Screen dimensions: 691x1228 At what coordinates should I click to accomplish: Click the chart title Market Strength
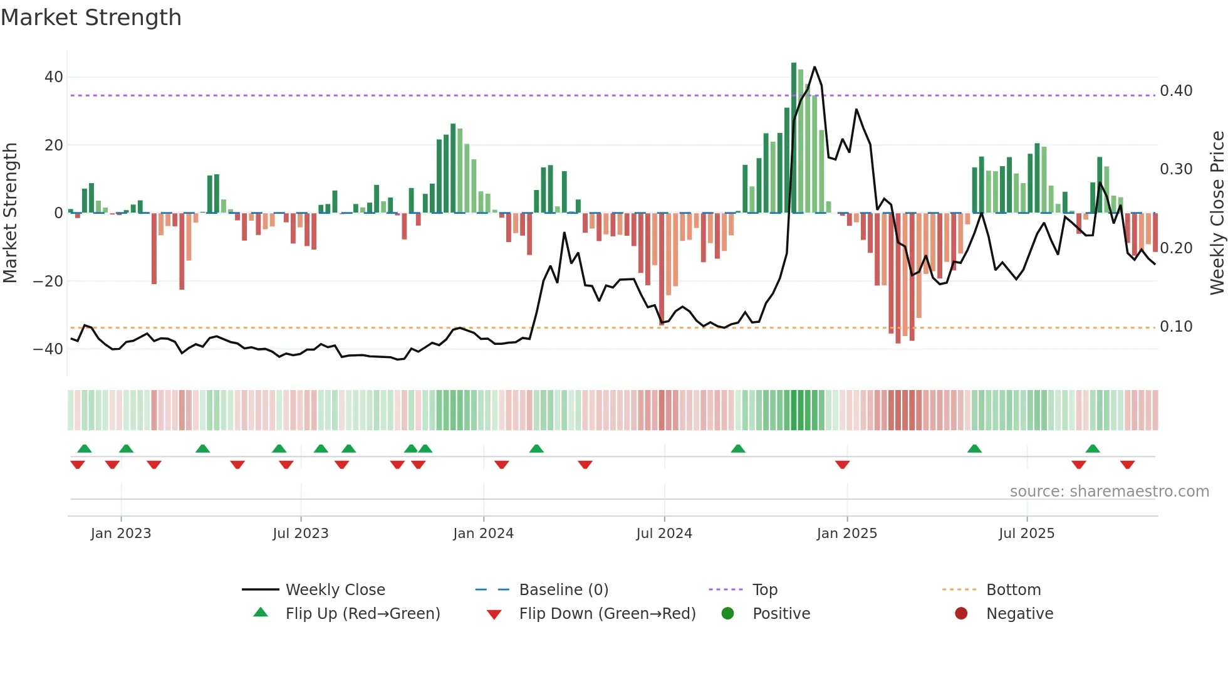(91, 18)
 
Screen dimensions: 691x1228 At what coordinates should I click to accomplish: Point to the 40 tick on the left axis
(53, 77)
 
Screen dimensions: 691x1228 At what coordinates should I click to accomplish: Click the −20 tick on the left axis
(48, 281)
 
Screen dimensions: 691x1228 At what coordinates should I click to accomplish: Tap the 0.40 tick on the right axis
(1176, 91)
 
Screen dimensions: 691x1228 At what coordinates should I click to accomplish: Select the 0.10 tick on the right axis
(1176, 327)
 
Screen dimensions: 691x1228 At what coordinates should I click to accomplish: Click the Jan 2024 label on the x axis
(483, 534)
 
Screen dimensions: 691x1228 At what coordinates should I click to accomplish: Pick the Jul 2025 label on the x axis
(1026, 534)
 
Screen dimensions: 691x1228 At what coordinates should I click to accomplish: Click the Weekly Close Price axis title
(1217, 213)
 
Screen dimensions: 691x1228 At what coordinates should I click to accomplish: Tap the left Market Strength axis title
(11, 213)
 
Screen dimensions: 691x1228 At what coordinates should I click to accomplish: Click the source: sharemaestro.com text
(1109, 492)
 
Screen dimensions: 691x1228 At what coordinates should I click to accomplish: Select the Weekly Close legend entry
(335, 590)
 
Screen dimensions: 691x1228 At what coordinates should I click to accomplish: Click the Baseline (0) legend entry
(563, 590)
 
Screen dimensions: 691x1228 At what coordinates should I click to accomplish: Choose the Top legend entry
(764, 590)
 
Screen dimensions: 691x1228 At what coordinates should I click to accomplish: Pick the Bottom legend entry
(1013, 590)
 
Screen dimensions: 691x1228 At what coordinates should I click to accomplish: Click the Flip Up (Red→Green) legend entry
(362, 614)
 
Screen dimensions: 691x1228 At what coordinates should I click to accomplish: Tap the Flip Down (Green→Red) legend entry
(606, 614)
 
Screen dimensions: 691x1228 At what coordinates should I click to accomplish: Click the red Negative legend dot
(961, 614)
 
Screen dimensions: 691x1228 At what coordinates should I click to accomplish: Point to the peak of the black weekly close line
(814, 67)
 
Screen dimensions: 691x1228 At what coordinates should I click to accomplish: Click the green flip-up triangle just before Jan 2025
(738, 449)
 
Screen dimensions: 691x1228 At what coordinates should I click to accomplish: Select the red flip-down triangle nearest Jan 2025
(842, 465)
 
